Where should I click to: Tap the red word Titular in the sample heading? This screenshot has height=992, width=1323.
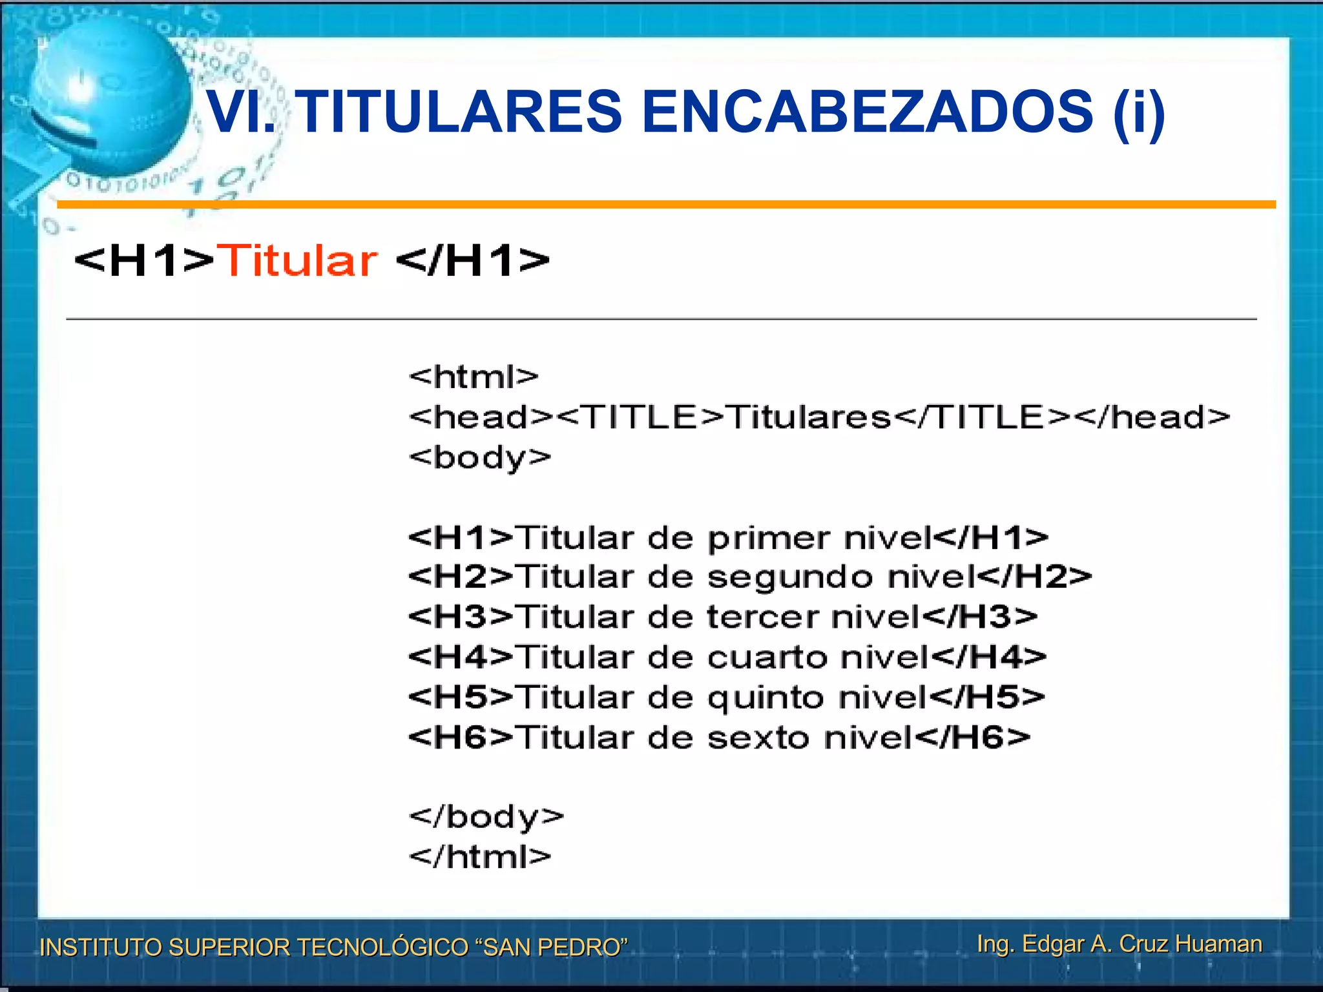[x=297, y=261]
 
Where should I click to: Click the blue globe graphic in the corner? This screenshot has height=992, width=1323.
[x=107, y=97]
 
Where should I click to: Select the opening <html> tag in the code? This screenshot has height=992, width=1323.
[x=474, y=377]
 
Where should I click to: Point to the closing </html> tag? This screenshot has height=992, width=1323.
[x=480, y=857]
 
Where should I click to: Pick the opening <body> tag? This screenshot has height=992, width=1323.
[x=480, y=458]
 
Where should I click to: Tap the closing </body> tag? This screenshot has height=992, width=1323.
[x=486, y=817]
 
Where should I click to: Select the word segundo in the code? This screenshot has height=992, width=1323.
[x=790, y=577]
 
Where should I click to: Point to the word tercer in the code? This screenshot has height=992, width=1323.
[x=763, y=617]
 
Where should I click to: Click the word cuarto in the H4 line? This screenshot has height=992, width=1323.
[x=767, y=657]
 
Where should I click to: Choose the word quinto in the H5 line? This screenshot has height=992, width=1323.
[x=766, y=698]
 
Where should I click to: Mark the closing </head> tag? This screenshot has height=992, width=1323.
[x=1154, y=417]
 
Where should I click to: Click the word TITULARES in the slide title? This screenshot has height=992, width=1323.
[x=461, y=112]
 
